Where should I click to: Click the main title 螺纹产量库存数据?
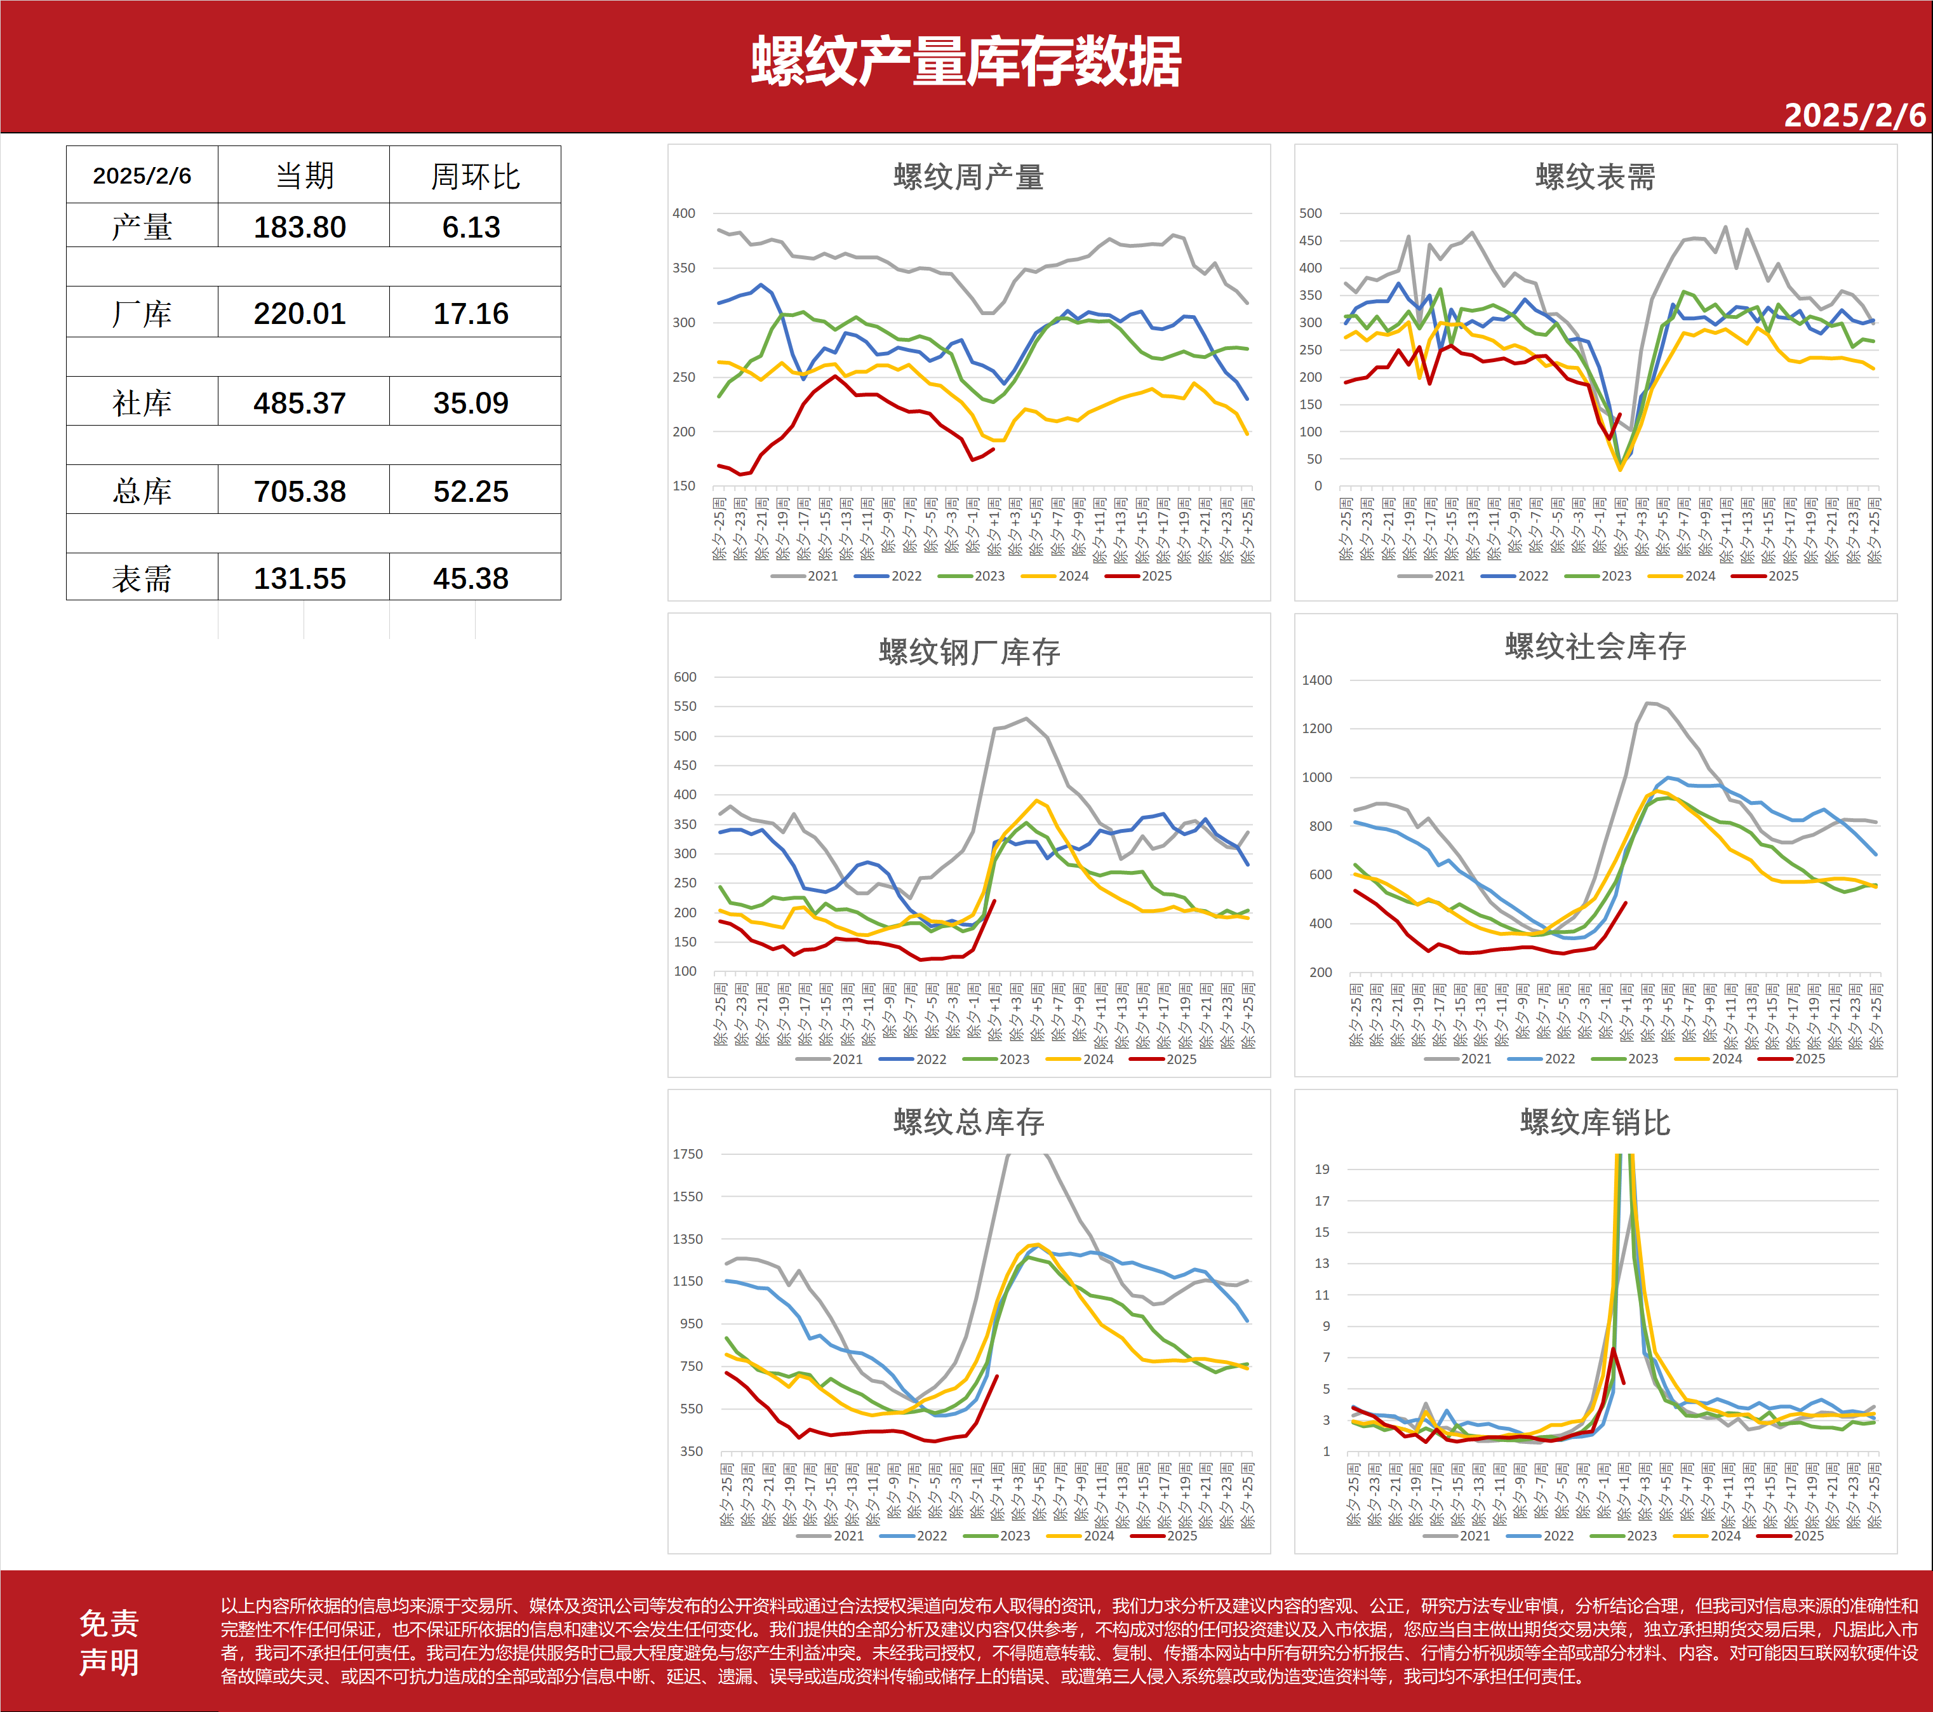coord(966,62)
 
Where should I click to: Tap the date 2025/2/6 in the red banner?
coord(1854,116)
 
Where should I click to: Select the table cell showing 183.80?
coord(300,227)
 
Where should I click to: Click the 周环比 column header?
coord(475,176)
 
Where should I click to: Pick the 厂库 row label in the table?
coord(142,314)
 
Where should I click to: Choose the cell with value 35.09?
coord(471,403)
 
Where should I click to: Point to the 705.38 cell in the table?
coord(300,491)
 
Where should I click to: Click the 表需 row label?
coord(142,578)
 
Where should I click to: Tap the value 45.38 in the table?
coord(471,578)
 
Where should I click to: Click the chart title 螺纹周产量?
coord(968,177)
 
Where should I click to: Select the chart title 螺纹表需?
coord(1595,177)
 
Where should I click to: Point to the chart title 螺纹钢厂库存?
coord(968,652)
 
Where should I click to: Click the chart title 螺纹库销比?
coord(1595,1122)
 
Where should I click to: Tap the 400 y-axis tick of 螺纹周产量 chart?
coord(684,214)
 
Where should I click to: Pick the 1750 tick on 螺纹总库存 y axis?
coord(688,1154)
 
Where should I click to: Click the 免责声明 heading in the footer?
coord(109,1642)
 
